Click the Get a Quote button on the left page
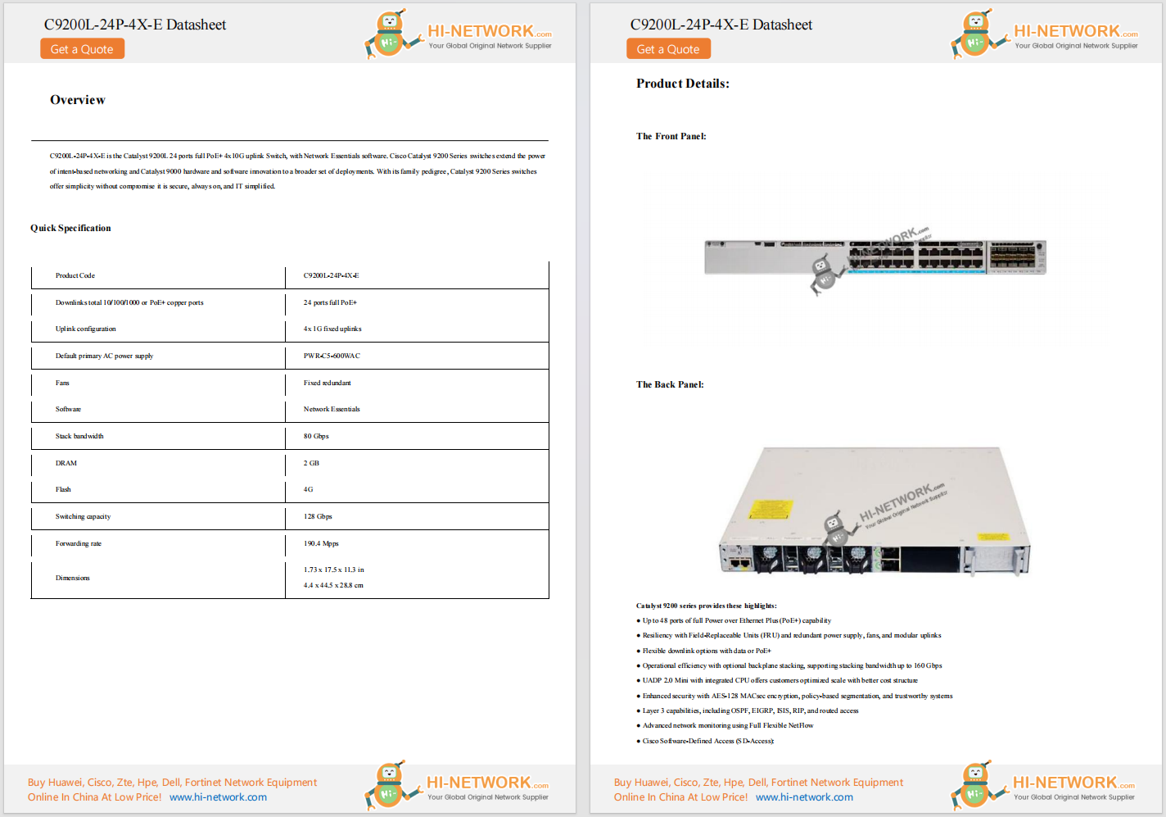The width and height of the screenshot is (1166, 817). tap(82, 49)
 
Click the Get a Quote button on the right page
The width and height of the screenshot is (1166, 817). tap(668, 49)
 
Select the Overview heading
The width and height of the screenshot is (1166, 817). tap(78, 100)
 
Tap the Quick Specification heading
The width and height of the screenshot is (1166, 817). tap(70, 229)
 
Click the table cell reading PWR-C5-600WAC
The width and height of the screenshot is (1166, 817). tap(332, 356)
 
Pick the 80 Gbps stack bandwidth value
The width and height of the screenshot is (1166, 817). tap(316, 436)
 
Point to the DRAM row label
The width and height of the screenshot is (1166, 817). tap(66, 463)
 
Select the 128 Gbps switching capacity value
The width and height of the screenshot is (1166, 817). tap(318, 516)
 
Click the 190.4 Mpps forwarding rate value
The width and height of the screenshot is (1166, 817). tap(321, 543)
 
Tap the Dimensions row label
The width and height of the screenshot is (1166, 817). tap(73, 578)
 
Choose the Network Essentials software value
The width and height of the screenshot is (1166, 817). tap(332, 409)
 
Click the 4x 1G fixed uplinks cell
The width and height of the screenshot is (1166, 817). tap(332, 329)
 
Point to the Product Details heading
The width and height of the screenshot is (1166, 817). tap(682, 84)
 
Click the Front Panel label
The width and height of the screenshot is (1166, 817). tap(671, 136)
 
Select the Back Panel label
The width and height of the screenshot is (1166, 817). tap(670, 384)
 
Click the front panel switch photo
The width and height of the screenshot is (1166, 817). tap(874, 257)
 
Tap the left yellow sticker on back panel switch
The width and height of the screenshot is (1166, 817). tap(770, 510)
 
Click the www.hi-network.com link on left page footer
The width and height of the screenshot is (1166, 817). tap(218, 797)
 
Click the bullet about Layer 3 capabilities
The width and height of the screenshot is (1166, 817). tap(750, 710)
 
